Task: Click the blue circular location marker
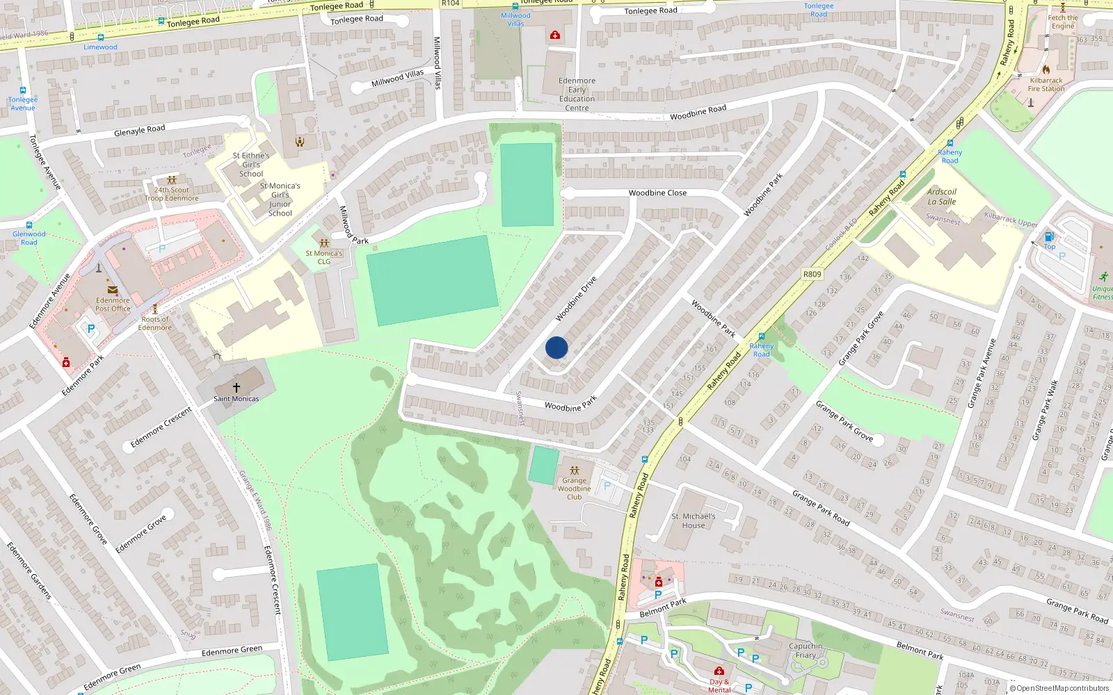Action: (556, 347)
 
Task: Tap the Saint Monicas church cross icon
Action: (237, 387)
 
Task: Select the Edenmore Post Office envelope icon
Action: (112, 291)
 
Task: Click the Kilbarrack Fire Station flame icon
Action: (1046, 69)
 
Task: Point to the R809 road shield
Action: (812, 274)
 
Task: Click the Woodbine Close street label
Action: (657, 193)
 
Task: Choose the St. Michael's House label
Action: (693, 521)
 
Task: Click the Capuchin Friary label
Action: (806, 651)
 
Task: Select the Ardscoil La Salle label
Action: (942, 197)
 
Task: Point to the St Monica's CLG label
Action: (324, 257)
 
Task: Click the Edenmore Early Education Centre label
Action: (577, 95)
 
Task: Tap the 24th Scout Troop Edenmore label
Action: (172, 194)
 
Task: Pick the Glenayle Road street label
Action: (140, 130)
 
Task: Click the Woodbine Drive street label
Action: (576, 299)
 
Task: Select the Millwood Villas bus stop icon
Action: (515, 6)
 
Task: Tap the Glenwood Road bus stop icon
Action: (29, 225)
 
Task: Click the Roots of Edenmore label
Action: (154, 323)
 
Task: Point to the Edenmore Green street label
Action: (232, 651)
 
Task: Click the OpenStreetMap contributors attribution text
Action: (1062, 689)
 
